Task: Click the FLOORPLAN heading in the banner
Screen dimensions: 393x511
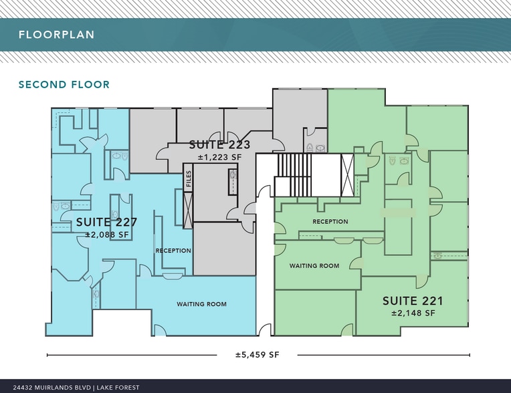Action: [56, 35]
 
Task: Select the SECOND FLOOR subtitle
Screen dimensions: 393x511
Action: [64, 85]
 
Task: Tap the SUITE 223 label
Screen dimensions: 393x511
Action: [219, 144]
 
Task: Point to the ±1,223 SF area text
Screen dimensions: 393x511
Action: [219, 157]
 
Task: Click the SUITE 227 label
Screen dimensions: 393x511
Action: [106, 223]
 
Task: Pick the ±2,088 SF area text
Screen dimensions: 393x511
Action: [107, 235]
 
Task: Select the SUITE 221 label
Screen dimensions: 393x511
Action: [413, 301]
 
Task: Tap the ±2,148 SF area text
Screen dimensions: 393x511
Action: [413, 313]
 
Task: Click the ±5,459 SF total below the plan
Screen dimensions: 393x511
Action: [257, 355]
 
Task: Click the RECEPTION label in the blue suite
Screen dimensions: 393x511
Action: [173, 251]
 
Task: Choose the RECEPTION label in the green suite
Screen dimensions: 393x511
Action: [330, 221]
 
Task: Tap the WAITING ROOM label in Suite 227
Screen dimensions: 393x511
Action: [201, 304]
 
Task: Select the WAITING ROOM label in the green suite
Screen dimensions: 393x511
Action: [314, 265]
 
